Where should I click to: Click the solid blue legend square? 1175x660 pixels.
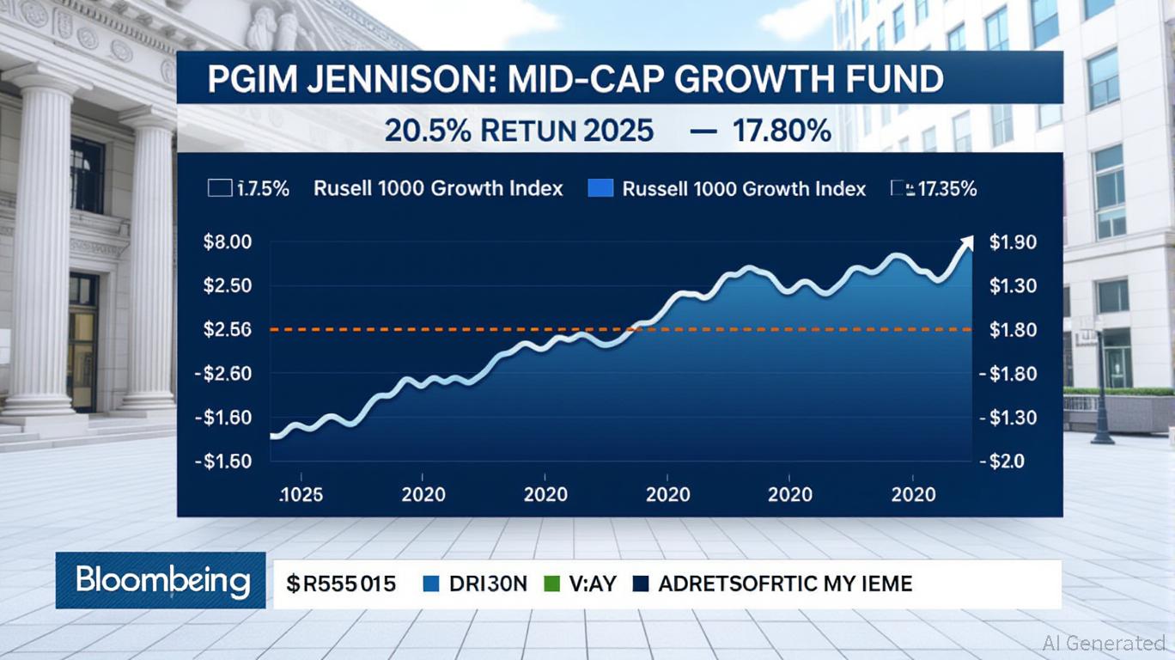pos(600,188)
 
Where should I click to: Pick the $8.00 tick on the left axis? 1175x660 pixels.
pos(227,242)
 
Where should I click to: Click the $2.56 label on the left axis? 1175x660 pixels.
pos(227,329)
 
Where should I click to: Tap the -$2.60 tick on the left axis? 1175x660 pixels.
pos(223,374)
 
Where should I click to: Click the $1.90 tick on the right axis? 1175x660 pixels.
pos(1013,242)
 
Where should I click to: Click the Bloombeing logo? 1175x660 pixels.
pos(161,581)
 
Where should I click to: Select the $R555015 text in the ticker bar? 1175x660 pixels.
pos(342,584)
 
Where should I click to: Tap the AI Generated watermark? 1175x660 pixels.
pos(1104,642)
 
